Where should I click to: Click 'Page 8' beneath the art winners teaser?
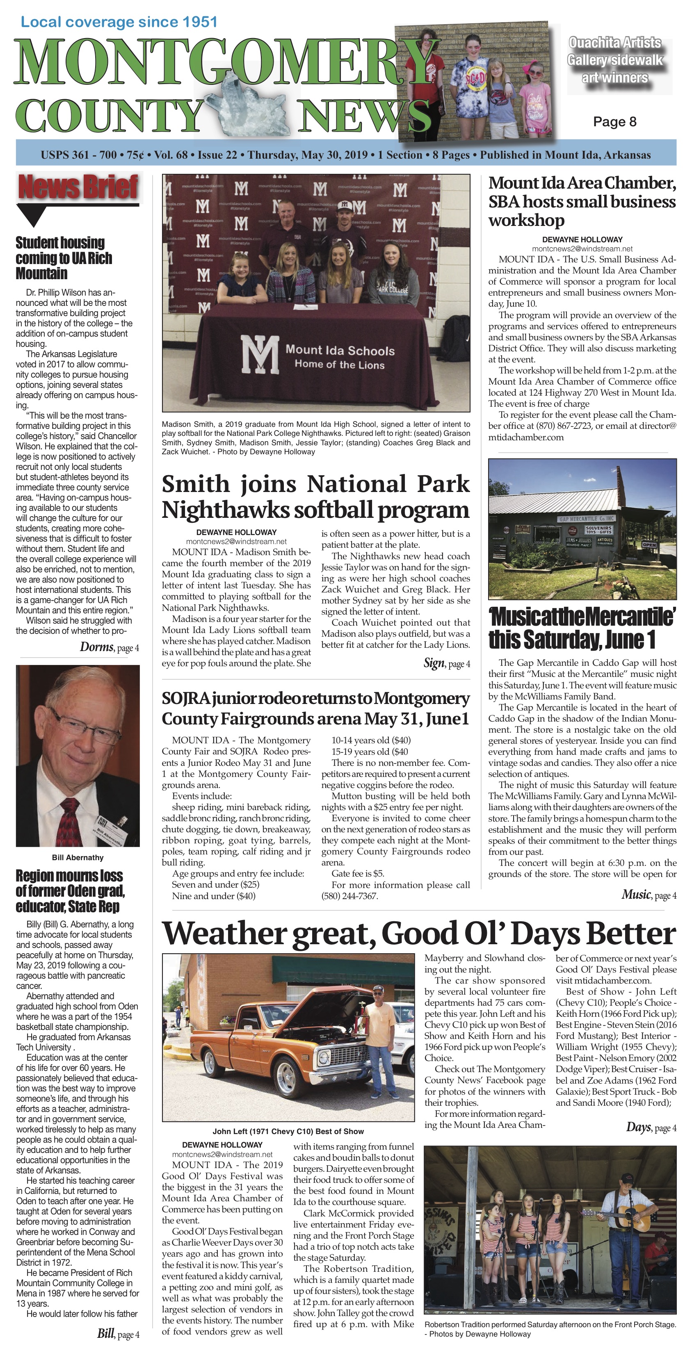click(x=614, y=122)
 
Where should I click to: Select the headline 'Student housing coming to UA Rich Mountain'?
click(x=64, y=258)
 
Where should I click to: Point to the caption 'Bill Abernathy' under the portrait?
click(x=78, y=857)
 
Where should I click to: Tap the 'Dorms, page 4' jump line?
click(x=109, y=647)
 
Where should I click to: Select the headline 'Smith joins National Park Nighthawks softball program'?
click(x=315, y=497)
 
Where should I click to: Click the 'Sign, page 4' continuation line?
click(x=447, y=663)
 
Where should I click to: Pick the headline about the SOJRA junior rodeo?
click(x=315, y=708)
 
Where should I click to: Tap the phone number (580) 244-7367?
click(x=349, y=896)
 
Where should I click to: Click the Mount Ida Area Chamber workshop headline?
click(x=582, y=201)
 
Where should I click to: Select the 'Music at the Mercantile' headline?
click(x=582, y=628)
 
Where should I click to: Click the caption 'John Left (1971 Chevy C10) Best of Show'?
click(x=288, y=1131)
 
